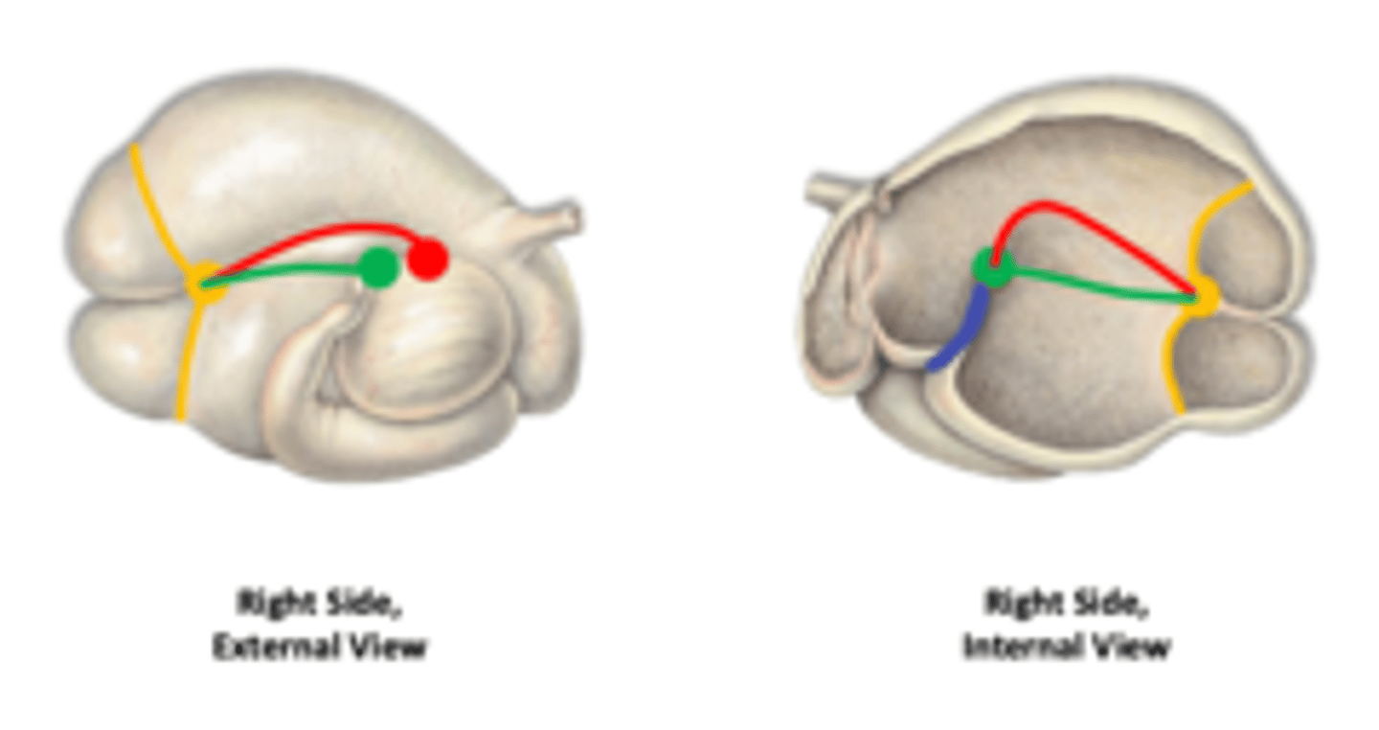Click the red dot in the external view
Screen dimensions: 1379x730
427,259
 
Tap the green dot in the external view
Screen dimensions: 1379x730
379,267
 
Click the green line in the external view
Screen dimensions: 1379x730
287,273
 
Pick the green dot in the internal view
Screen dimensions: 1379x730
992,267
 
